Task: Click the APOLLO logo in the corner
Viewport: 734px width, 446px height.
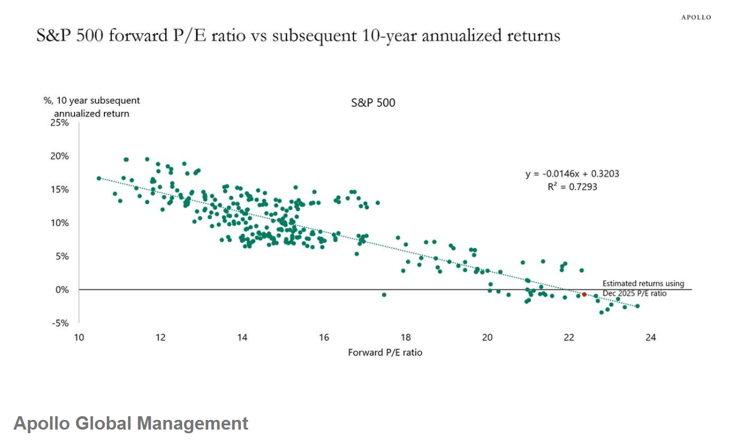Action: point(695,18)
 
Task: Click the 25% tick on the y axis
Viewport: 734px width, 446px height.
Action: point(59,123)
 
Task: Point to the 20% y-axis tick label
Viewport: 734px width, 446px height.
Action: point(59,156)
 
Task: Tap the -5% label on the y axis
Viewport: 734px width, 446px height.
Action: point(61,323)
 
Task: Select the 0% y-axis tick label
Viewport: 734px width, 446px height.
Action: point(62,290)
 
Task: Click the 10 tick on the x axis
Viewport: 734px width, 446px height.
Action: point(79,338)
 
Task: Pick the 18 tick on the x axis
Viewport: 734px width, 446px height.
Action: point(406,338)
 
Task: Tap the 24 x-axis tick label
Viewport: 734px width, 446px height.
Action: point(651,338)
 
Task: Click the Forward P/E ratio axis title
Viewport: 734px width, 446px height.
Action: point(385,352)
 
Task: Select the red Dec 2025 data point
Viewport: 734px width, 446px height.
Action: point(584,294)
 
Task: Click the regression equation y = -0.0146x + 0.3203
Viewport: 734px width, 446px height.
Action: point(572,174)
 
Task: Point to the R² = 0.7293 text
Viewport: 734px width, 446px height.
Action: point(572,187)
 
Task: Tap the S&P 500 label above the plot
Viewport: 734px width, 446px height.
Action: point(373,103)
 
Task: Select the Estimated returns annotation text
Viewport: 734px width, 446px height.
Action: point(643,284)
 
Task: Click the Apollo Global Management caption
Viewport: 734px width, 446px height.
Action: point(131,423)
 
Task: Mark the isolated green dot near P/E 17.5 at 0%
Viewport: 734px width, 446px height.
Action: point(384,295)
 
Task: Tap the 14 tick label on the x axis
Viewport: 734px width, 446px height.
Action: point(242,338)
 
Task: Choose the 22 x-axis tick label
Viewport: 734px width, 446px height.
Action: point(569,338)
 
